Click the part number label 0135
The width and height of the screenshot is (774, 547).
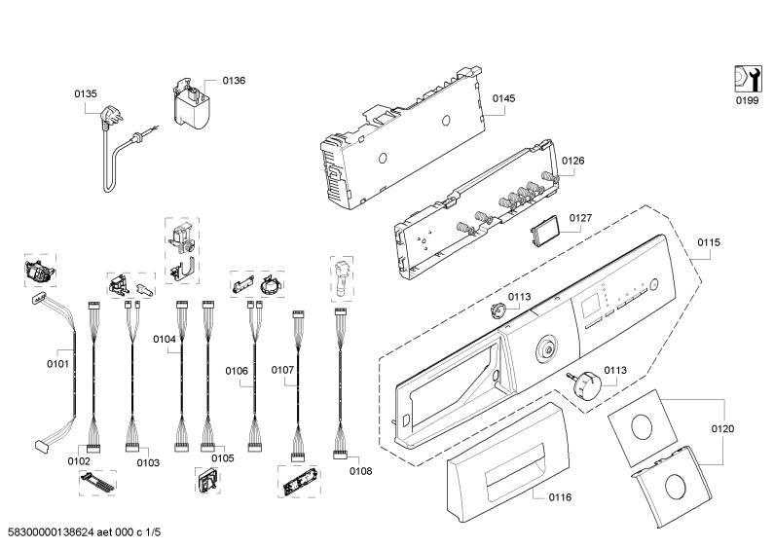(x=86, y=94)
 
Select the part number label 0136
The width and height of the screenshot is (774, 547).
(x=234, y=81)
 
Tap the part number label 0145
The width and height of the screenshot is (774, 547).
(x=502, y=99)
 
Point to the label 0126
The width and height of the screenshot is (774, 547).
(x=572, y=162)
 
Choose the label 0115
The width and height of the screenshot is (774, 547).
(x=709, y=241)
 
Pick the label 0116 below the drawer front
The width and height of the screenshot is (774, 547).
(x=560, y=497)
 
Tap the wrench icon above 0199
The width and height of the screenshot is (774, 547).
(x=747, y=77)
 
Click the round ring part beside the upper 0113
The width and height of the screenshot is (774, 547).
(x=498, y=310)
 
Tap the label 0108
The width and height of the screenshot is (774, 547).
(x=360, y=471)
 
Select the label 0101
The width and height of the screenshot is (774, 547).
(x=58, y=365)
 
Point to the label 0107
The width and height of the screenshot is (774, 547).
(x=282, y=370)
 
